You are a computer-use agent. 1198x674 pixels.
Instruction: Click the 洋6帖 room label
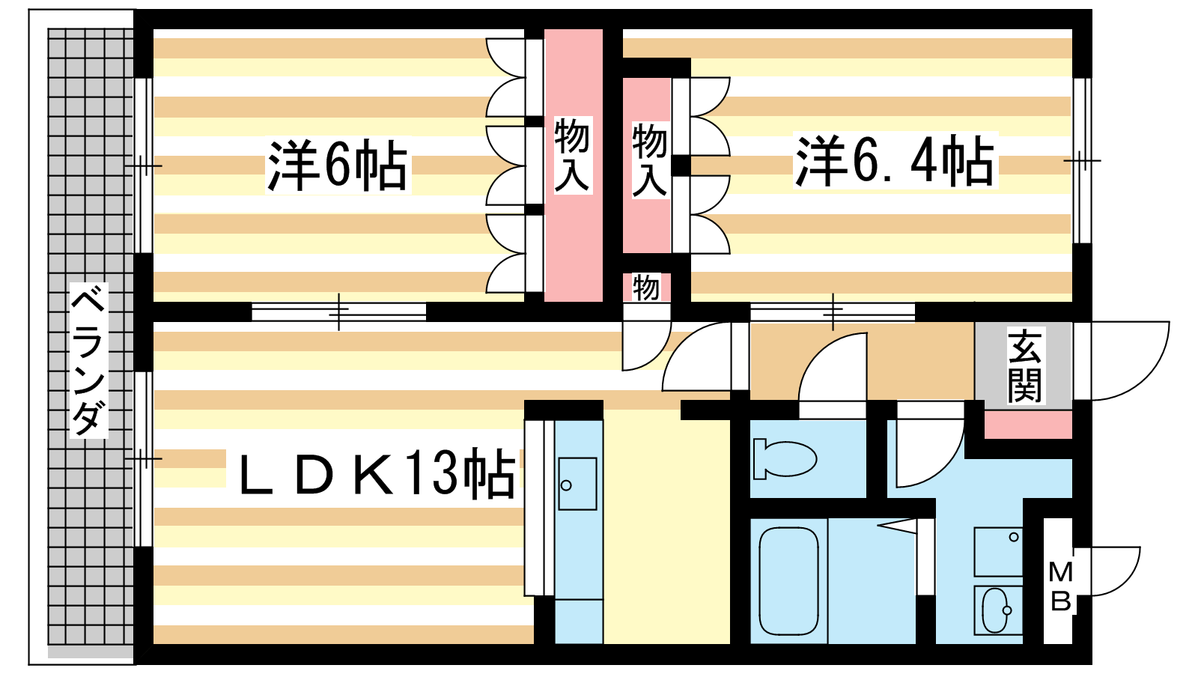pos(338,166)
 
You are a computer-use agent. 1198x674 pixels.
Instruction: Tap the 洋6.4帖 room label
pos(895,161)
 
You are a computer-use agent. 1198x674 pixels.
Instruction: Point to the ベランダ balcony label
pos(88,360)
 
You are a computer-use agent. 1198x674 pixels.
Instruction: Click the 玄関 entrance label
pos(1024,365)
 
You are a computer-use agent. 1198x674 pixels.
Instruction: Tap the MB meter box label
pos(1060,586)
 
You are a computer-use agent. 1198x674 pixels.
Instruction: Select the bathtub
pos(788,580)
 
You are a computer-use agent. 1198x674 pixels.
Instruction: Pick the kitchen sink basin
pos(577,484)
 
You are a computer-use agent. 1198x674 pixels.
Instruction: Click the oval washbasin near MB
pos(997,610)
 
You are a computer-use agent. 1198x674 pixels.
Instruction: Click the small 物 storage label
pos(645,287)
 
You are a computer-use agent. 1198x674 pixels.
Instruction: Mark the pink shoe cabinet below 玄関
pos(1028,425)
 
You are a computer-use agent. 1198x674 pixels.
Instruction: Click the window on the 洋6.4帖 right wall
pos(1081,160)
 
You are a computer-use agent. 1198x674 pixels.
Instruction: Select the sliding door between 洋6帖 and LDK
pos(338,312)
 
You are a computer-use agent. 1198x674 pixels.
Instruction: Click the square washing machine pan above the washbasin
pos(998,551)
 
